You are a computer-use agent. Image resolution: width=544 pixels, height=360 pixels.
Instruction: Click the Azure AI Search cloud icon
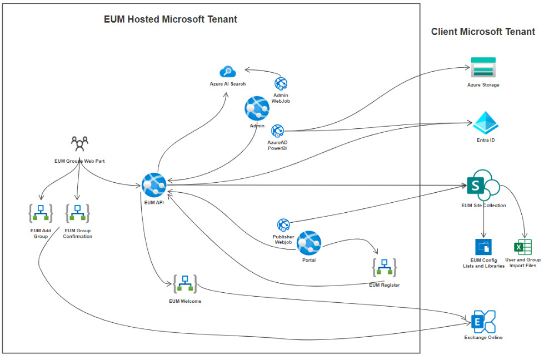coord(227,71)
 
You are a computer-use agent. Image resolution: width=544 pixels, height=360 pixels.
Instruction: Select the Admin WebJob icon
coord(281,84)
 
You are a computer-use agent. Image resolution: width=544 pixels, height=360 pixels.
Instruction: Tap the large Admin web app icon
coord(257,108)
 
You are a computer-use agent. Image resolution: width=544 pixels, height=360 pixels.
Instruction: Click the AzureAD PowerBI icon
coord(277,131)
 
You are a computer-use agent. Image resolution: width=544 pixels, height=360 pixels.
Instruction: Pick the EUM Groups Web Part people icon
coord(80,144)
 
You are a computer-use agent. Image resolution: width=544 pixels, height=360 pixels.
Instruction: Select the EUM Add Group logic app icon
coord(41,213)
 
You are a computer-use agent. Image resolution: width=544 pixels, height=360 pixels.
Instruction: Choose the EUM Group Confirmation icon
coord(78,213)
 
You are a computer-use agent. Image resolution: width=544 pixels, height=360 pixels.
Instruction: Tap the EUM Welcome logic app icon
coord(185,284)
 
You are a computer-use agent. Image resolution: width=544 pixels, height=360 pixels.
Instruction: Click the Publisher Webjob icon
coord(283,225)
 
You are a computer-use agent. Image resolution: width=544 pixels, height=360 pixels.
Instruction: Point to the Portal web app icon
coord(309,243)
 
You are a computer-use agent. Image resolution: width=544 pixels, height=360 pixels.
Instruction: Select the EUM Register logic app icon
coord(384,268)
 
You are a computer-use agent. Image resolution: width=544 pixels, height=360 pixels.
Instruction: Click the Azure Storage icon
coord(483,68)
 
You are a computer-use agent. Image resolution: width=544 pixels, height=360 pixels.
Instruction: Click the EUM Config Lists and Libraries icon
coord(483,247)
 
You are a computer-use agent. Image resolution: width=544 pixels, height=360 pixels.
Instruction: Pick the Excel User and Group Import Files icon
coord(522,246)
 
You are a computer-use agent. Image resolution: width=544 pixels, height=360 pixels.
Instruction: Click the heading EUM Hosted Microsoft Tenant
coord(171,19)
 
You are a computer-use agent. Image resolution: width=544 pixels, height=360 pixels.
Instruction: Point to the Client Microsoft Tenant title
coord(483,32)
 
